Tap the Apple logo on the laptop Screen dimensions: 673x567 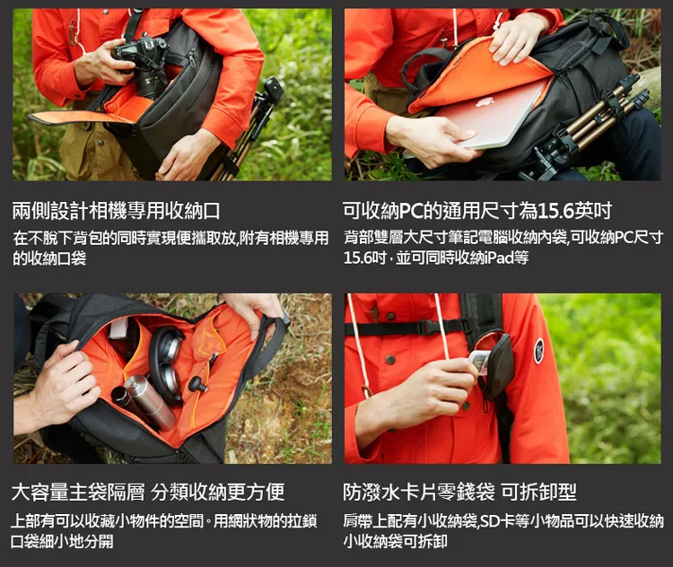[485, 101]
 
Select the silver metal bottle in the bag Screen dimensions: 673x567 [149, 402]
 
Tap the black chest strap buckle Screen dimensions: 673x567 [428, 328]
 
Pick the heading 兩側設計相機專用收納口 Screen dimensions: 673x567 [116, 210]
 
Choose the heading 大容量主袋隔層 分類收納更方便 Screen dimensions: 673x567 [148, 492]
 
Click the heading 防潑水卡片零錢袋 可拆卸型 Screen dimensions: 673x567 [459, 492]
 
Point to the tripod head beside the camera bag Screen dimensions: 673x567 [274, 90]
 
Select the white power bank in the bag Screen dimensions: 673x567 [117, 328]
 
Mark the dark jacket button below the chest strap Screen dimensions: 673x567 [390, 360]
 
